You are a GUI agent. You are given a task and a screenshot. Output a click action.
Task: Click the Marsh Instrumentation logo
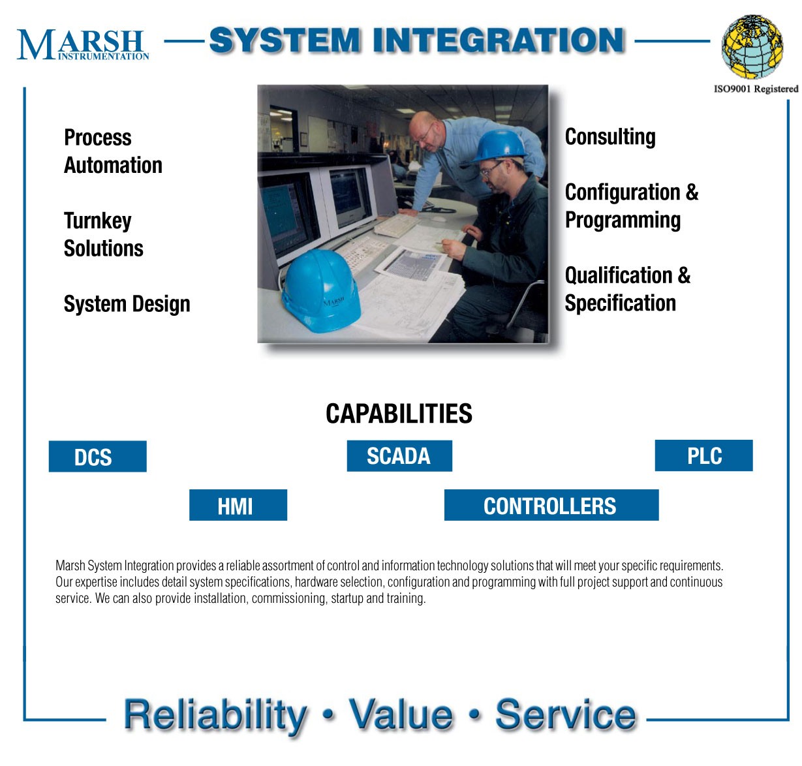[82, 44]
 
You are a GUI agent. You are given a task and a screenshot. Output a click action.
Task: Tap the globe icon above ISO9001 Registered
[752, 46]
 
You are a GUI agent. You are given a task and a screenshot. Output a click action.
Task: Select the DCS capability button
[98, 456]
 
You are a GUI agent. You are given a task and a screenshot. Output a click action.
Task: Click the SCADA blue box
[399, 455]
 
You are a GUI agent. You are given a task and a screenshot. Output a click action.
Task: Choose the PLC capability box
[703, 455]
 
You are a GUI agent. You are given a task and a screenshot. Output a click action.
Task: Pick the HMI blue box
[238, 505]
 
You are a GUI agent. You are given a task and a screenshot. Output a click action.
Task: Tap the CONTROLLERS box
[551, 505]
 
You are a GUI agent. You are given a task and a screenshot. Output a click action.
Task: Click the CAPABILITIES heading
[399, 413]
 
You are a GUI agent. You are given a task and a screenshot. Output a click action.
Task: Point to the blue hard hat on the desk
[320, 290]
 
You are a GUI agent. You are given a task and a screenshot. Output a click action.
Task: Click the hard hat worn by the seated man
[499, 146]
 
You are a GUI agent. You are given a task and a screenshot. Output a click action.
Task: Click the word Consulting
[610, 137]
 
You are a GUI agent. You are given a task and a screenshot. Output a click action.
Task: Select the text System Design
[127, 304]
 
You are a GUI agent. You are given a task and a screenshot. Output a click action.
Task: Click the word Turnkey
[98, 221]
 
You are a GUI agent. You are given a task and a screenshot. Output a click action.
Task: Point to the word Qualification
[619, 275]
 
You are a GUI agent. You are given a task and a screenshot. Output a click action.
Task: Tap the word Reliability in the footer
[215, 714]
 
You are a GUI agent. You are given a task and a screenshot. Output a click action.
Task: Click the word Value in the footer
[401, 714]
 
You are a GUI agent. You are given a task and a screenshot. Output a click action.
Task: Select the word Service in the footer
[565, 714]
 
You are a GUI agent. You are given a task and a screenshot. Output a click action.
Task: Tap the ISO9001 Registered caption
[756, 89]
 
